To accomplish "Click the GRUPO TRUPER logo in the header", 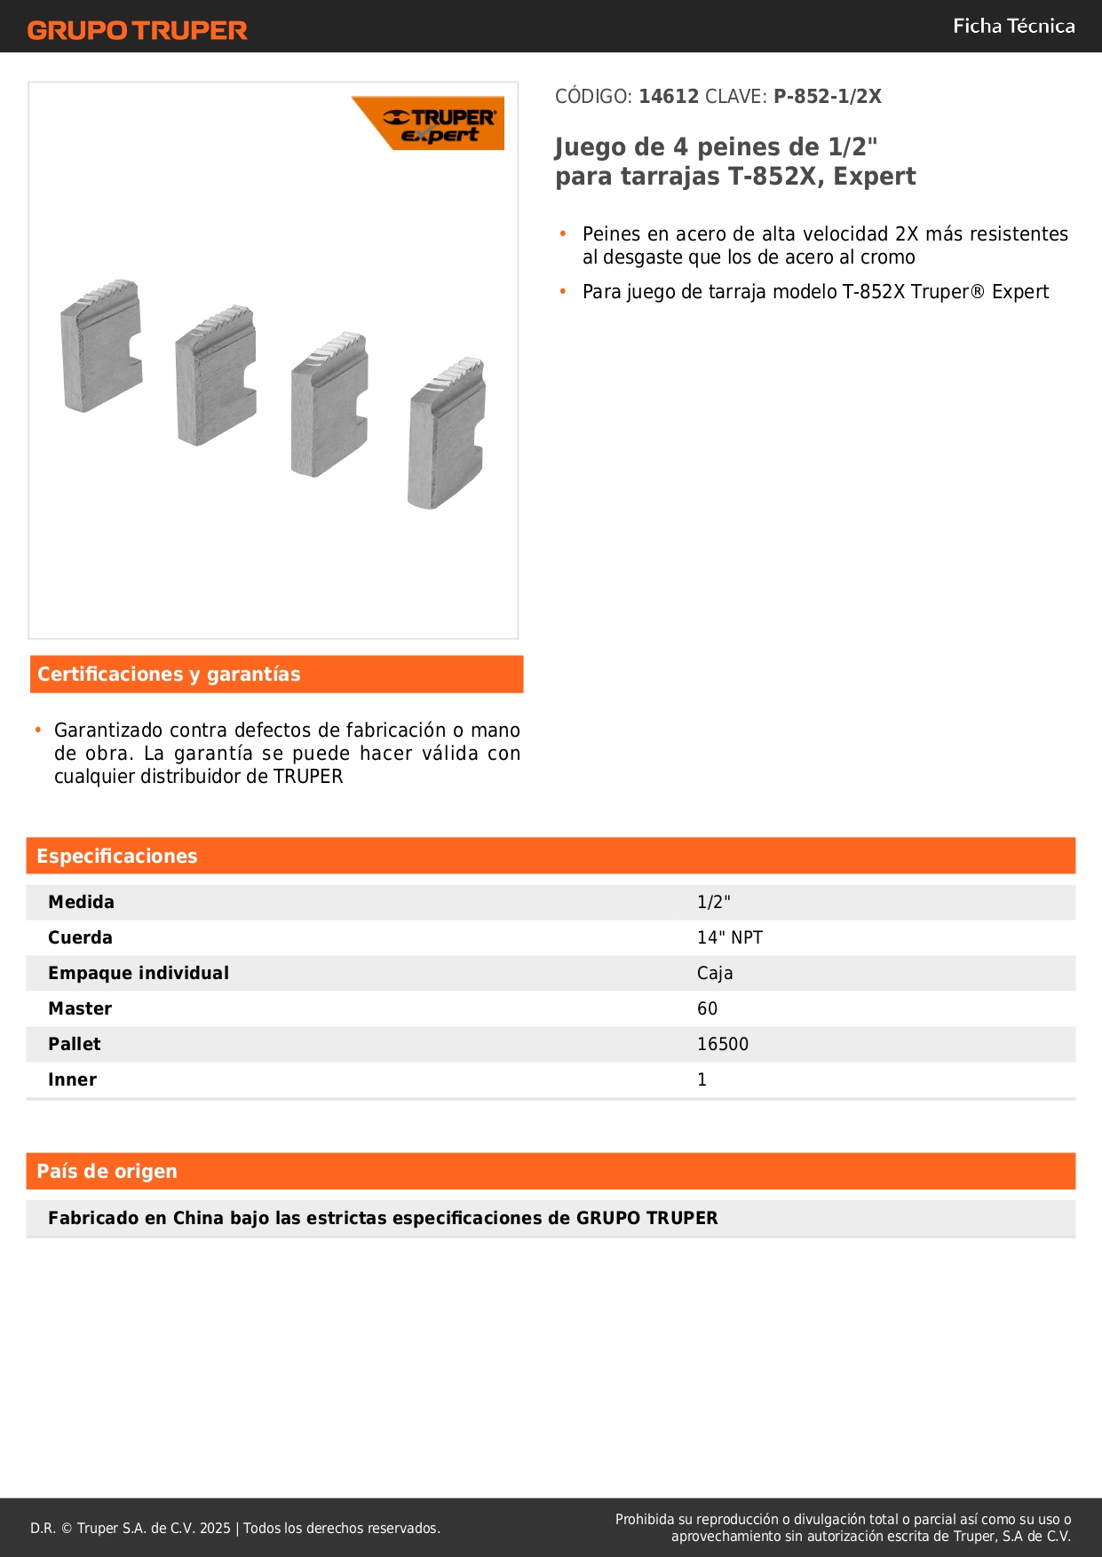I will [x=137, y=30].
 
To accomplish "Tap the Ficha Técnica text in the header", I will [x=1013, y=26].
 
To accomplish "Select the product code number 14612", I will [x=669, y=97].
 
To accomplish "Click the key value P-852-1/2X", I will [x=827, y=97].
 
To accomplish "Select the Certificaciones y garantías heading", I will [x=169, y=675].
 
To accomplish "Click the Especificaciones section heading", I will [x=117, y=856].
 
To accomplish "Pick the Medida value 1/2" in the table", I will [x=713, y=902].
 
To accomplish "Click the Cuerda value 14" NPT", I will [x=729, y=937].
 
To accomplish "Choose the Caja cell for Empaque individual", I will [x=715, y=973].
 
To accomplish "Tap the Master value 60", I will [x=707, y=1008].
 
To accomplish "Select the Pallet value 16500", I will [x=722, y=1044].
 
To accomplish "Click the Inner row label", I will [x=72, y=1079].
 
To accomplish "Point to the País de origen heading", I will [x=107, y=1171].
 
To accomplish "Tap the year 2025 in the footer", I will [x=215, y=1528].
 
